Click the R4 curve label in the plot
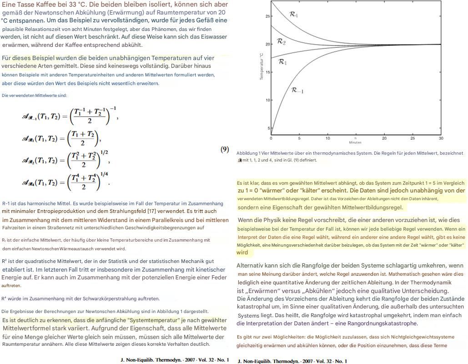(294, 15)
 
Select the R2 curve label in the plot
(282, 42)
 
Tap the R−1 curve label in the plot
(297, 91)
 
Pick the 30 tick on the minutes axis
(441, 138)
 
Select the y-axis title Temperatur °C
(262, 66)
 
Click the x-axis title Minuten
(355, 142)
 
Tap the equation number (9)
(225, 149)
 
